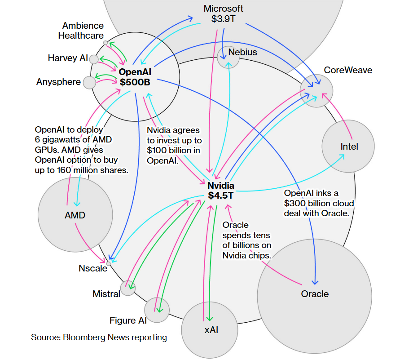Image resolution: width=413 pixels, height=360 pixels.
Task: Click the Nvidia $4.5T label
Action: (221, 191)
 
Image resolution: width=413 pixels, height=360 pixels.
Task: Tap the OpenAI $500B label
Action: (135, 77)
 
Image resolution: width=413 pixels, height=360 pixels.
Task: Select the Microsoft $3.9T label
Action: (224, 14)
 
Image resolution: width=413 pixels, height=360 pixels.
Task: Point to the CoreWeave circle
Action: (316, 90)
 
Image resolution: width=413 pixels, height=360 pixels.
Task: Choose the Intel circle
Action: (348, 147)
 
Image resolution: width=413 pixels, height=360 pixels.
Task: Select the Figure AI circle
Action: (157, 310)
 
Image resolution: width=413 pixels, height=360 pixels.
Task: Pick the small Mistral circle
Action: (128, 288)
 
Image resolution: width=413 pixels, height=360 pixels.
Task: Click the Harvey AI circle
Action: (94, 59)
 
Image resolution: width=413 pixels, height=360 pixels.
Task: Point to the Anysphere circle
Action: (90, 82)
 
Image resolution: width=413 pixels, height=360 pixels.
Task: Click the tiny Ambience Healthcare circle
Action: (105, 43)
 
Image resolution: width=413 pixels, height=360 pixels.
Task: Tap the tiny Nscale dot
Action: (108, 263)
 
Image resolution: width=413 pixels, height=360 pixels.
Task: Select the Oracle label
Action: (315, 294)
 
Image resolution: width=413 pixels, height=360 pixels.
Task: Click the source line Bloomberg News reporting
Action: (99, 337)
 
